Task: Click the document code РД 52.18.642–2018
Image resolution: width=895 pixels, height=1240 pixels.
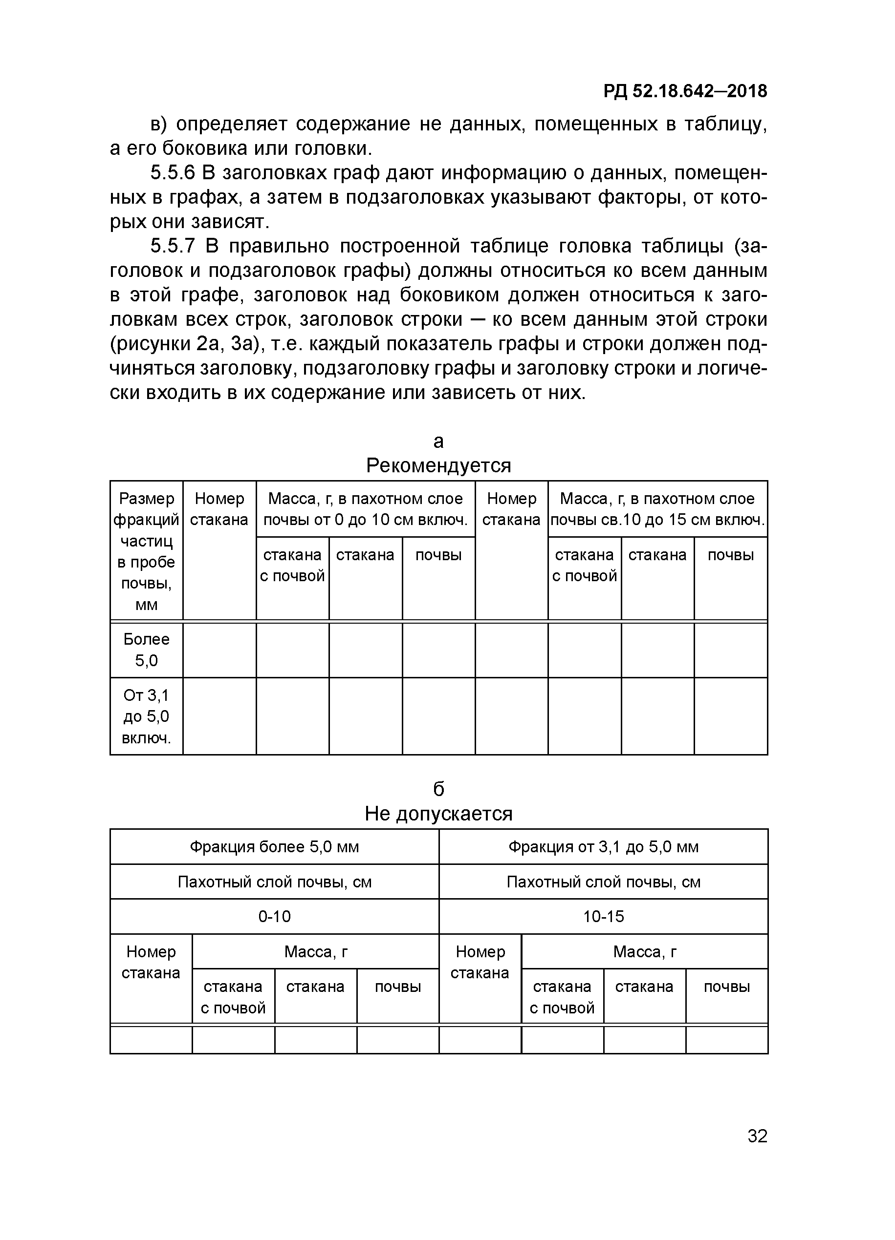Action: click(685, 91)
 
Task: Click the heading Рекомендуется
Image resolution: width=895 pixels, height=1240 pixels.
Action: click(438, 466)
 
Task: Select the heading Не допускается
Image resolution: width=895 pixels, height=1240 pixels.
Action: click(438, 814)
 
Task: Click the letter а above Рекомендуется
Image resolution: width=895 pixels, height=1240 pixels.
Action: click(438, 441)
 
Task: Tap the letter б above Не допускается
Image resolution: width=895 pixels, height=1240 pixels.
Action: click(438, 789)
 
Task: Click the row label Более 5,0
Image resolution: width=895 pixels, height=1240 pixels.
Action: click(146, 650)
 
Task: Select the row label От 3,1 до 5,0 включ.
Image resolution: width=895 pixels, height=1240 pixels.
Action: click(146, 716)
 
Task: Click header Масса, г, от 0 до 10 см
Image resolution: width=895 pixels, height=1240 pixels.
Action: click(365, 509)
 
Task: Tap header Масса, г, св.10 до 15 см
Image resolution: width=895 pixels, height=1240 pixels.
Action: click(657, 509)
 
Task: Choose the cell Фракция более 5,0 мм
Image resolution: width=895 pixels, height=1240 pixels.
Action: click(274, 847)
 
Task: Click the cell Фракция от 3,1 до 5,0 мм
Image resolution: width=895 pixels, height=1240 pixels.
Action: click(603, 847)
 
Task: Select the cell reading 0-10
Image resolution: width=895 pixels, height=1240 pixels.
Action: click(274, 916)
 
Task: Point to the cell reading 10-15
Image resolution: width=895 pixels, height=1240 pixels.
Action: click(603, 916)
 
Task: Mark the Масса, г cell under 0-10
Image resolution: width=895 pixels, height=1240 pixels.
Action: click(316, 952)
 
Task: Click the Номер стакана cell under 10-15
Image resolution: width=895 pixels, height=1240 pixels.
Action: click(480, 962)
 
